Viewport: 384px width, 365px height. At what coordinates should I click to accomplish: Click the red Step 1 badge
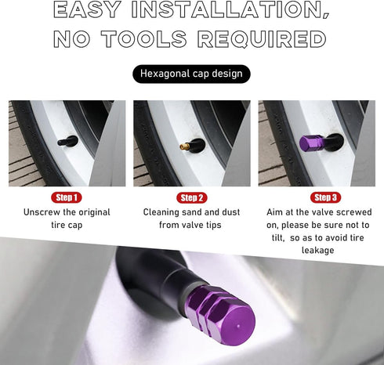(x=67, y=197)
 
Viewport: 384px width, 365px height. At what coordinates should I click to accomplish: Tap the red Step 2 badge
(x=191, y=197)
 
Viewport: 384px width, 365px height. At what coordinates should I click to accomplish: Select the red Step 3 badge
(x=325, y=197)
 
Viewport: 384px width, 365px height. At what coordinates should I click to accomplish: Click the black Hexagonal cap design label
(x=191, y=74)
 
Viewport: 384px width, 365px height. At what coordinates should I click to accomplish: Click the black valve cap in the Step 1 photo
(x=69, y=142)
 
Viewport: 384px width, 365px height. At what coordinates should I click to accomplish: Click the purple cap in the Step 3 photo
(x=311, y=143)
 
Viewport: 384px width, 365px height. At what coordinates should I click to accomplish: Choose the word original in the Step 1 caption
(x=89, y=212)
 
